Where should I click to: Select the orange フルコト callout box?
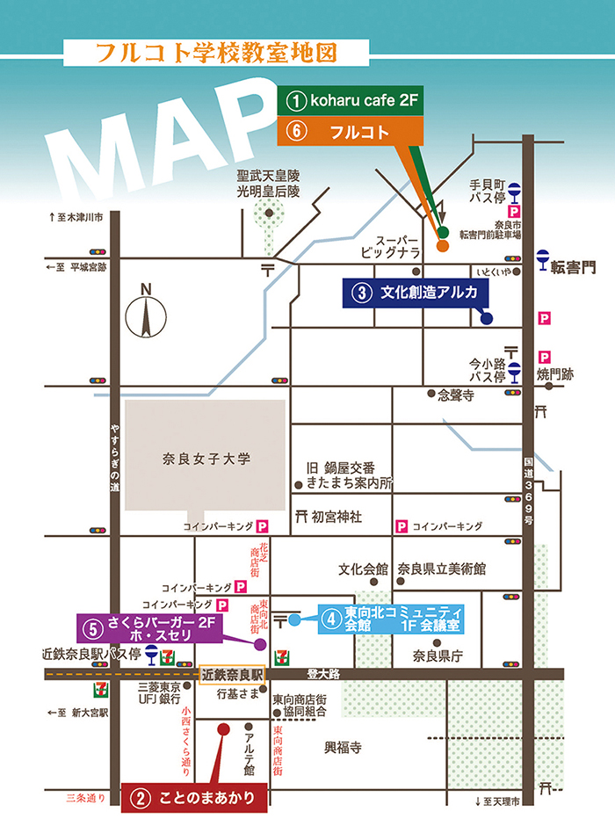(x=351, y=131)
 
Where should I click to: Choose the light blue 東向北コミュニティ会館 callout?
(x=388, y=619)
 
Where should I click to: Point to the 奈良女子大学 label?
(x=207, y=458)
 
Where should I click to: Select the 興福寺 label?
(x=343, y=748)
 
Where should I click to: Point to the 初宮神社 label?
(x=336, y=517)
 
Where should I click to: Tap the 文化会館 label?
(x=363, y=569)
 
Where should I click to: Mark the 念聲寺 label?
(x=456, y=396)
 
